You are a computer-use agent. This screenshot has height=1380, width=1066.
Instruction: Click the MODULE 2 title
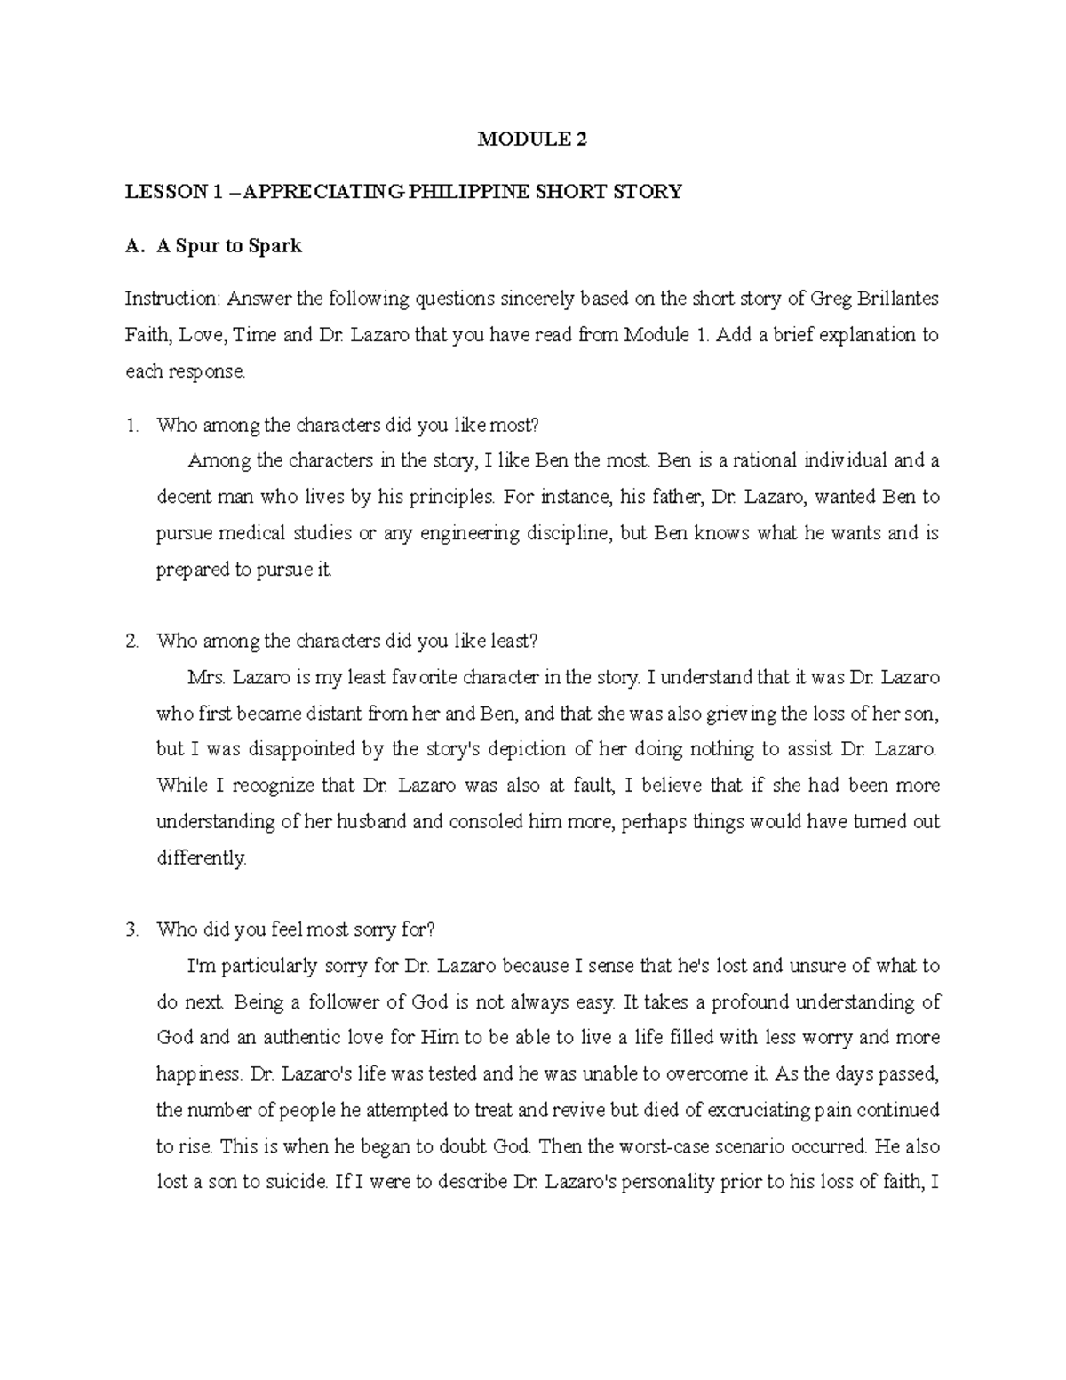point(532,139)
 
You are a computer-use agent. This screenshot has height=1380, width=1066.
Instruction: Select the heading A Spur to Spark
point(229,246)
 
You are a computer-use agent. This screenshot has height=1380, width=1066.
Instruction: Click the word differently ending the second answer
point(200,858)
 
